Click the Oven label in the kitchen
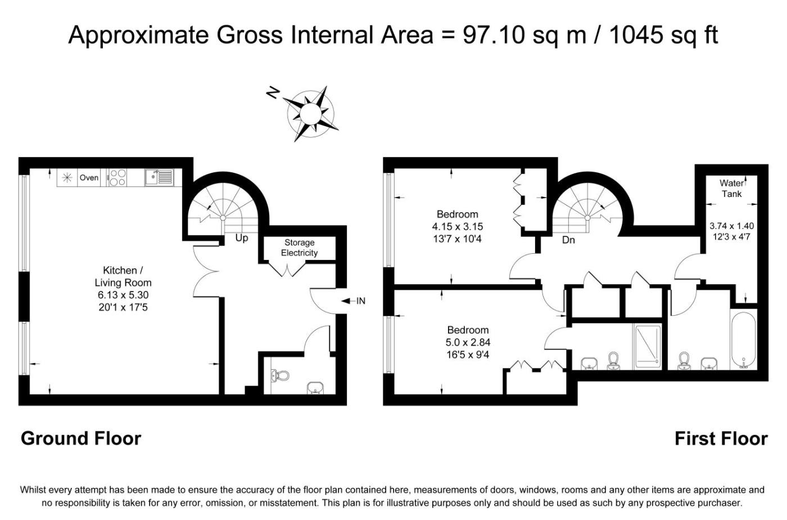[x=89, y=178]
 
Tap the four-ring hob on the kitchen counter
[x=117, y=177]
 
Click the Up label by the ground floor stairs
[x=242, y=238]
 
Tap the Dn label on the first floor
[x=568, y=240]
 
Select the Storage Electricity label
[x=299, y=248]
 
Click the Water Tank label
[x=731, y=188]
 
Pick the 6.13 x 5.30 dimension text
[x=123, y=295]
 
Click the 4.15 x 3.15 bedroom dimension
[x=458, y=227]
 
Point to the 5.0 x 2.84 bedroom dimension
[x=468, y=342]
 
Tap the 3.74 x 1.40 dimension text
[x=732, y=226]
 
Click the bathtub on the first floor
[x=743, y=339]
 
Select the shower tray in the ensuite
[x=647, y=347]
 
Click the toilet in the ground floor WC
[x=280, y=375]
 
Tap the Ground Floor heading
[x=81, y=439]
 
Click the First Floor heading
[x=721, y=439]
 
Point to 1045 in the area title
[x=637, y=35]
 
